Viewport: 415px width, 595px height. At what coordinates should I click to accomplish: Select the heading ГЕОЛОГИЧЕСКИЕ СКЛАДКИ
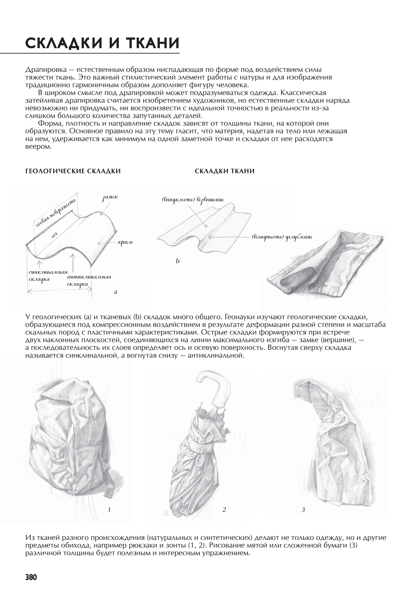point(73,171)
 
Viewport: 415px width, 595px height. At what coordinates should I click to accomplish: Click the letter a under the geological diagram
point(116,292)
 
